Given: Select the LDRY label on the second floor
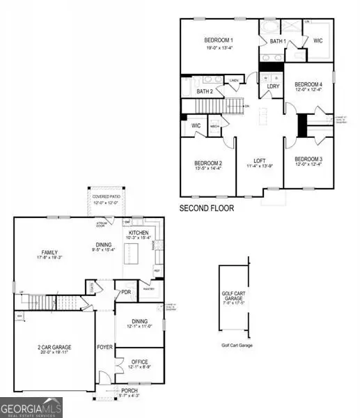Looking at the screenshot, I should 273,86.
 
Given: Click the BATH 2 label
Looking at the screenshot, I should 205,91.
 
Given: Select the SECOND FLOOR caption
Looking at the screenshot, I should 207,208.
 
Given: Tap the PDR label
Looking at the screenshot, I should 127,292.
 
